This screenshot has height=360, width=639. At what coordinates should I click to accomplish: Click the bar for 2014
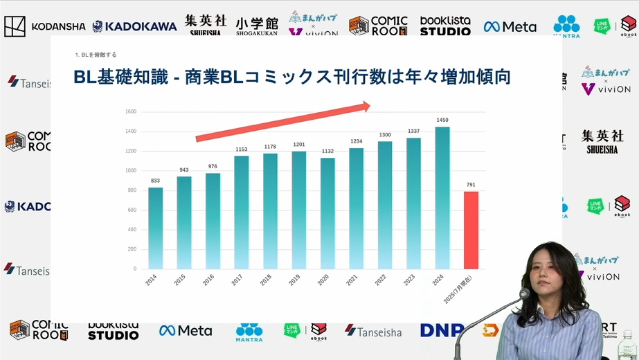point(156,228)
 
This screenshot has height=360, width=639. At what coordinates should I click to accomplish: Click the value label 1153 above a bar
point(241,150)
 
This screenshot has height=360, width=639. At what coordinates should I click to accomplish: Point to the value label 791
point(471,185)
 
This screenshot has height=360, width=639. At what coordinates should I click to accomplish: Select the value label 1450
point(442,120)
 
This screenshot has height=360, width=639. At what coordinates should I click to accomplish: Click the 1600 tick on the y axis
point(131,111)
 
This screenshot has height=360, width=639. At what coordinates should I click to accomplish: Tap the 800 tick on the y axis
point(131,190)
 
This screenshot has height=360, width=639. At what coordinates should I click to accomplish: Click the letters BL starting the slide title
point(85,77)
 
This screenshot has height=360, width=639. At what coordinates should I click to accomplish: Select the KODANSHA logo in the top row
point(45,26)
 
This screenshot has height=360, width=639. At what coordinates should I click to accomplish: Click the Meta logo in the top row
point(510,26)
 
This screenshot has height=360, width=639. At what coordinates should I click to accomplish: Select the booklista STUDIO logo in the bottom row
point(113,331)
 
